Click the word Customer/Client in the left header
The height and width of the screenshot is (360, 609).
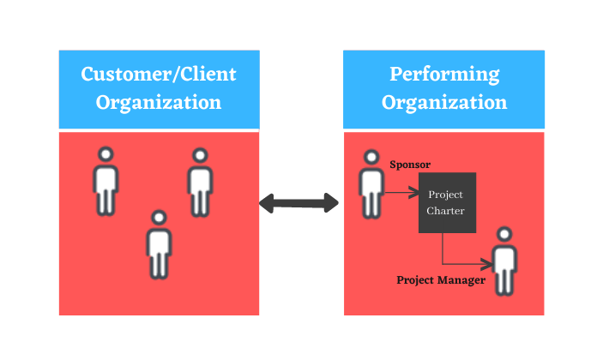[x=159, y=74]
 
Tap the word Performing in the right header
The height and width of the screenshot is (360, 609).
[x=444, y=75]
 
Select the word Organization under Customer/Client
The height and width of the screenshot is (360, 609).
[x=159, y=103]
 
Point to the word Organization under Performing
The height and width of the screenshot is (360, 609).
[x=444, y=103]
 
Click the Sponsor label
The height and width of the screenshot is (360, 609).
[x=410, y=165]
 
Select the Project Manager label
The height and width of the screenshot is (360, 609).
[x=441, y=280]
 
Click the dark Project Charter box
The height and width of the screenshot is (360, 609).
[x=447, y=202]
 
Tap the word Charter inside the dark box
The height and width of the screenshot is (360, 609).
[x=445, y=211]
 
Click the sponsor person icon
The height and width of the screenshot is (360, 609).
[x=371, y=184]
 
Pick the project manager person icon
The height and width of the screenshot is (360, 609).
[x=504, y=261]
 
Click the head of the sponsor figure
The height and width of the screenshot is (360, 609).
[x=371, y=157]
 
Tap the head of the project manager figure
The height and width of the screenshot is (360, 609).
[x=504, y=234]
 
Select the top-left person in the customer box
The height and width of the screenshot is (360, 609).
[x=106, y=181]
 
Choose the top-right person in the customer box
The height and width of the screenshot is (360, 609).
[x=200, y=183]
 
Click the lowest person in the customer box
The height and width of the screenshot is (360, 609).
[x=159, y=245]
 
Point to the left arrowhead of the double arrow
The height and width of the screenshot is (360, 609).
[x=267, y=203]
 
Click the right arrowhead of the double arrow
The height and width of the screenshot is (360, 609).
[x=331, y=203]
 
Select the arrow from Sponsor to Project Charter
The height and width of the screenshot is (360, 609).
[x=402, y=192]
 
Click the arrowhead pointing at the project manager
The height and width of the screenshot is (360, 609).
[x=487, y=264]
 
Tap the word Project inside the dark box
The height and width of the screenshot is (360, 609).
[x=445, y=195]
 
